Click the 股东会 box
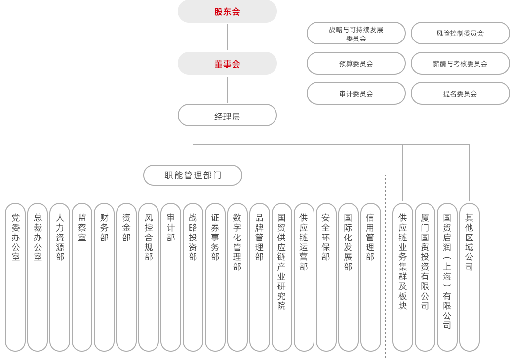227,11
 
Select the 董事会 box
227,63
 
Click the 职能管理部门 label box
193,175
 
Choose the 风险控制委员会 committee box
460,33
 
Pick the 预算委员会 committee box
356,63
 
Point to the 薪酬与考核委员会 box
460,63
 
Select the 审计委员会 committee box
356,93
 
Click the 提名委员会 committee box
460,93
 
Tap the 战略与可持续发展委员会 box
356,33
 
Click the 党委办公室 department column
15,277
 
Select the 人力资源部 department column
60,277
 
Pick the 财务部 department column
104,277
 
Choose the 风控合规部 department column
149,277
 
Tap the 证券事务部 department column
215,277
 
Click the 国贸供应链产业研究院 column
281,277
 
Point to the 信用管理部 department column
370,277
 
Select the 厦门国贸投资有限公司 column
425,277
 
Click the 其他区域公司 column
469,277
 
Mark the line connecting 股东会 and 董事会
227,37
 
